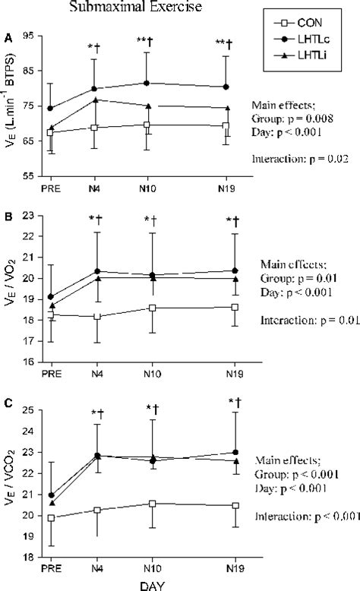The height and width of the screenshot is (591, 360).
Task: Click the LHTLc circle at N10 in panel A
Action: (x=150, y=83)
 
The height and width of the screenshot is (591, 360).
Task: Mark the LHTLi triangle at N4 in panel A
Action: (x=95, y=100)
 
